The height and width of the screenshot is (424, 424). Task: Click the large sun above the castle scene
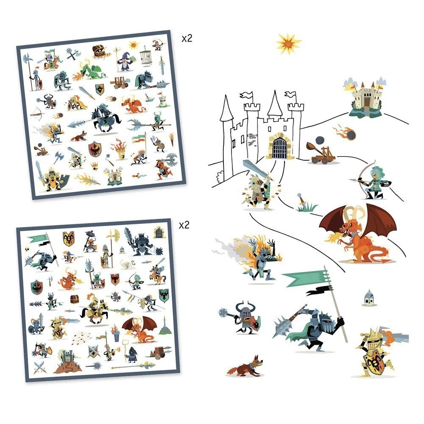click(x=288, y=43)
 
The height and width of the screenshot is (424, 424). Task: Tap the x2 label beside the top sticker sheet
click(x=187, y=39)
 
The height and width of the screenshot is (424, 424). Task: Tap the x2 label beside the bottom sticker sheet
click(x=184, y=225)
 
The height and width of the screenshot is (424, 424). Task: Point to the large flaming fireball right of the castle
click(x=344, y=132)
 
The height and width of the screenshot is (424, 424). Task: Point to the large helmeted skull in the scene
click(x=368, y=298)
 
